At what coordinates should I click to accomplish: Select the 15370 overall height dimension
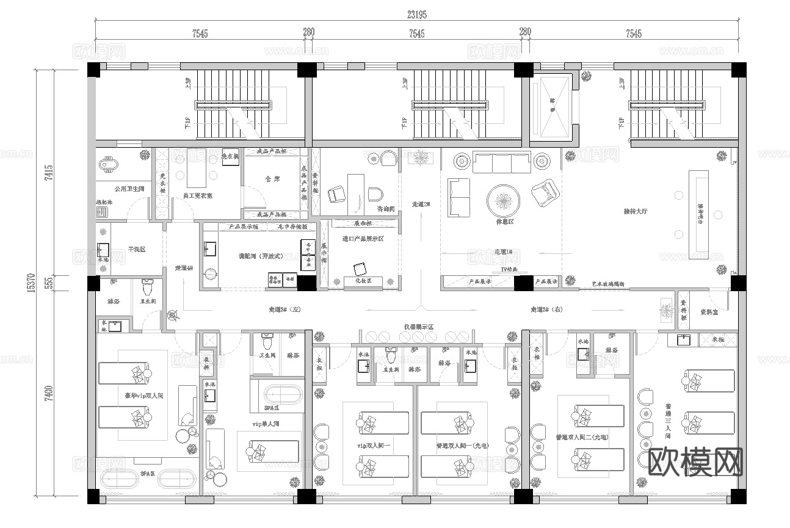point(30,283)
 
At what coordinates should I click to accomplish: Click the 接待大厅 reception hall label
point(635,211)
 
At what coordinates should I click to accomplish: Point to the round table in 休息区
point(504,199)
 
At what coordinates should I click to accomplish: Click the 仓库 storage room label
point(272,180)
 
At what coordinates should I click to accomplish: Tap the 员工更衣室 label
point(197,197)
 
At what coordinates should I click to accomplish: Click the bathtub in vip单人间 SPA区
point(277,392)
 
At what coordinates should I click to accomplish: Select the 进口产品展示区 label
point(363,239)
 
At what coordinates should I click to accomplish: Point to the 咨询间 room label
point(385,209)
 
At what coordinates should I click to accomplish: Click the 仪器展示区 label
point(418,328)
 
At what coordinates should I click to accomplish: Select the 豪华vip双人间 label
point(144,396)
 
